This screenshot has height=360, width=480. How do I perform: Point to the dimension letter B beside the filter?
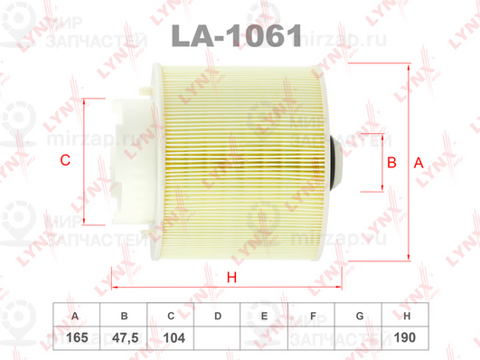tap(391, 163)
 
